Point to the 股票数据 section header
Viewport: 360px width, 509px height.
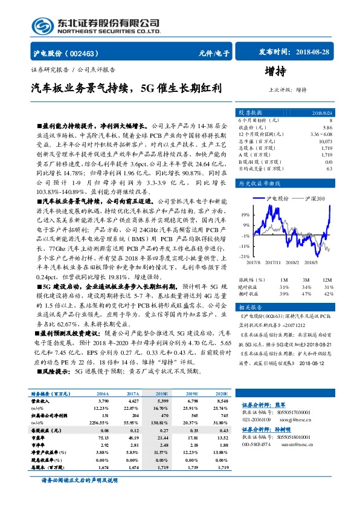(x=250, y=113)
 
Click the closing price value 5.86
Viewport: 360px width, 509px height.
(x=327, y=128)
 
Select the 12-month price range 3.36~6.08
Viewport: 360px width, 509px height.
(x=320, y=134)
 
